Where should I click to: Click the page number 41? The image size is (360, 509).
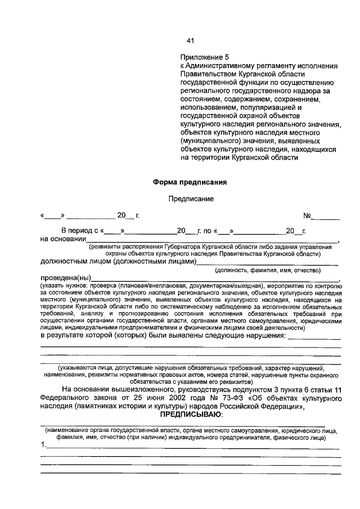190,40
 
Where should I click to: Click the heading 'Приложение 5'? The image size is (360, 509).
205,57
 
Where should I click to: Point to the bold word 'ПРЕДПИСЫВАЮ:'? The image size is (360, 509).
191,414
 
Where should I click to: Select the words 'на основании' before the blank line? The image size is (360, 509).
62,239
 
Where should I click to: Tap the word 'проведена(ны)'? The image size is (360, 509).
65,278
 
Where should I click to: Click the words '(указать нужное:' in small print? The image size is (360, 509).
64,286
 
